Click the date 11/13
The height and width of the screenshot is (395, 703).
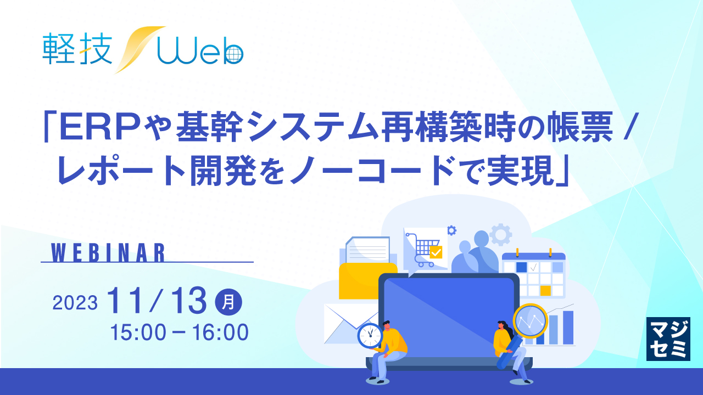point(159,301)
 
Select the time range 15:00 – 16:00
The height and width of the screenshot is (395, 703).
point(179,331)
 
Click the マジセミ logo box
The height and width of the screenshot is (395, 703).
point(668,338)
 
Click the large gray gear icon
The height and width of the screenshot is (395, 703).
point(500,234)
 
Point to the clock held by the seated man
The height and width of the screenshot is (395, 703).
point(370,335)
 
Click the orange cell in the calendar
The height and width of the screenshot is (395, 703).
point(545,290)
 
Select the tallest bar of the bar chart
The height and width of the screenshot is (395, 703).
point(568,328)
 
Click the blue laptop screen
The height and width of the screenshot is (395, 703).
point(448,318)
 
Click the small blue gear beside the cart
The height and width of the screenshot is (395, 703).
point(452,231)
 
